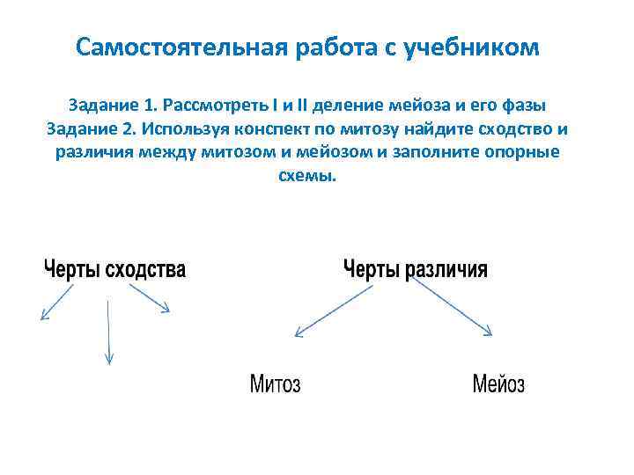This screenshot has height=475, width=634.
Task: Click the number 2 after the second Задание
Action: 132,129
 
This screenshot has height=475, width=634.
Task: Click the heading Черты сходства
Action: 115,269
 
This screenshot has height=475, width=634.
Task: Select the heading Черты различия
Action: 414,269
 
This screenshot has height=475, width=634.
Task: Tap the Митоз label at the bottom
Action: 275,384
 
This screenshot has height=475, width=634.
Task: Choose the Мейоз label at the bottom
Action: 498,384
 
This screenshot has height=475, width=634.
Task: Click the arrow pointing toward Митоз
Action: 327,312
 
